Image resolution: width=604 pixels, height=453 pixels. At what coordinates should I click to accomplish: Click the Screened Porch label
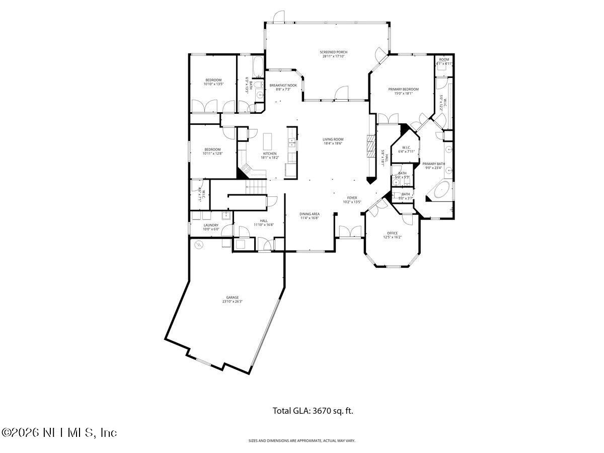pos(333,52)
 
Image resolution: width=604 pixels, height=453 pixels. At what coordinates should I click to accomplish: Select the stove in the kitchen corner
pos(246,168)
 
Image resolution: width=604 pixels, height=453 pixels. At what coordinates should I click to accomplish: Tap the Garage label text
pos(232,297)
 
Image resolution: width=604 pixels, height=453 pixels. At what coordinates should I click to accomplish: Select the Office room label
pos(392,233)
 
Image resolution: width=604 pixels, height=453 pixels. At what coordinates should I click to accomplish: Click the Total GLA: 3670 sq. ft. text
pos(313,411)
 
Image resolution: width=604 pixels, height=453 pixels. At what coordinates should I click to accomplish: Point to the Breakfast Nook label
pos(283,86)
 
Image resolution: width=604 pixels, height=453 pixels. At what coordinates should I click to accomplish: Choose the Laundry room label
pos(211,225)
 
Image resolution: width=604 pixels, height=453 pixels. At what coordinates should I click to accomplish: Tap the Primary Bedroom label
pos(403,89)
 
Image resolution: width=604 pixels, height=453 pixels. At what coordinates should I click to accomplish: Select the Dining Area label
pos(310,214)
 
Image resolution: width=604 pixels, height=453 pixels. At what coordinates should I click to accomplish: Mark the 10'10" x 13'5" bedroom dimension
pos(213,84)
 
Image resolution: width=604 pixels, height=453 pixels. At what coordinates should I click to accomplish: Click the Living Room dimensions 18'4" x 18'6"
pos(333,143)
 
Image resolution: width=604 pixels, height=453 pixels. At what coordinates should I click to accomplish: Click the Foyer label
pos(352,198)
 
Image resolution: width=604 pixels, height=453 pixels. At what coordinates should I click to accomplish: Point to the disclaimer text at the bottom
pos(302,441)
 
